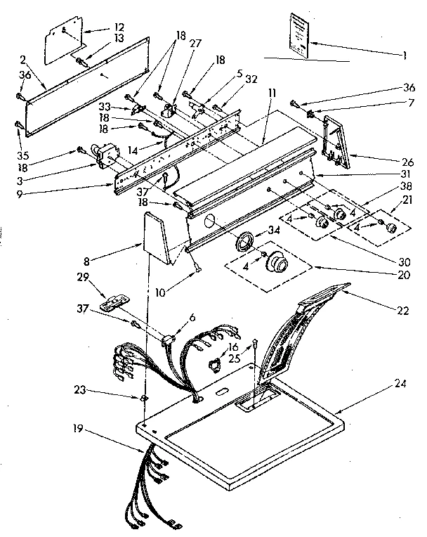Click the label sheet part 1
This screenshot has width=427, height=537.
pyautogui.click(x=299, y=35)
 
